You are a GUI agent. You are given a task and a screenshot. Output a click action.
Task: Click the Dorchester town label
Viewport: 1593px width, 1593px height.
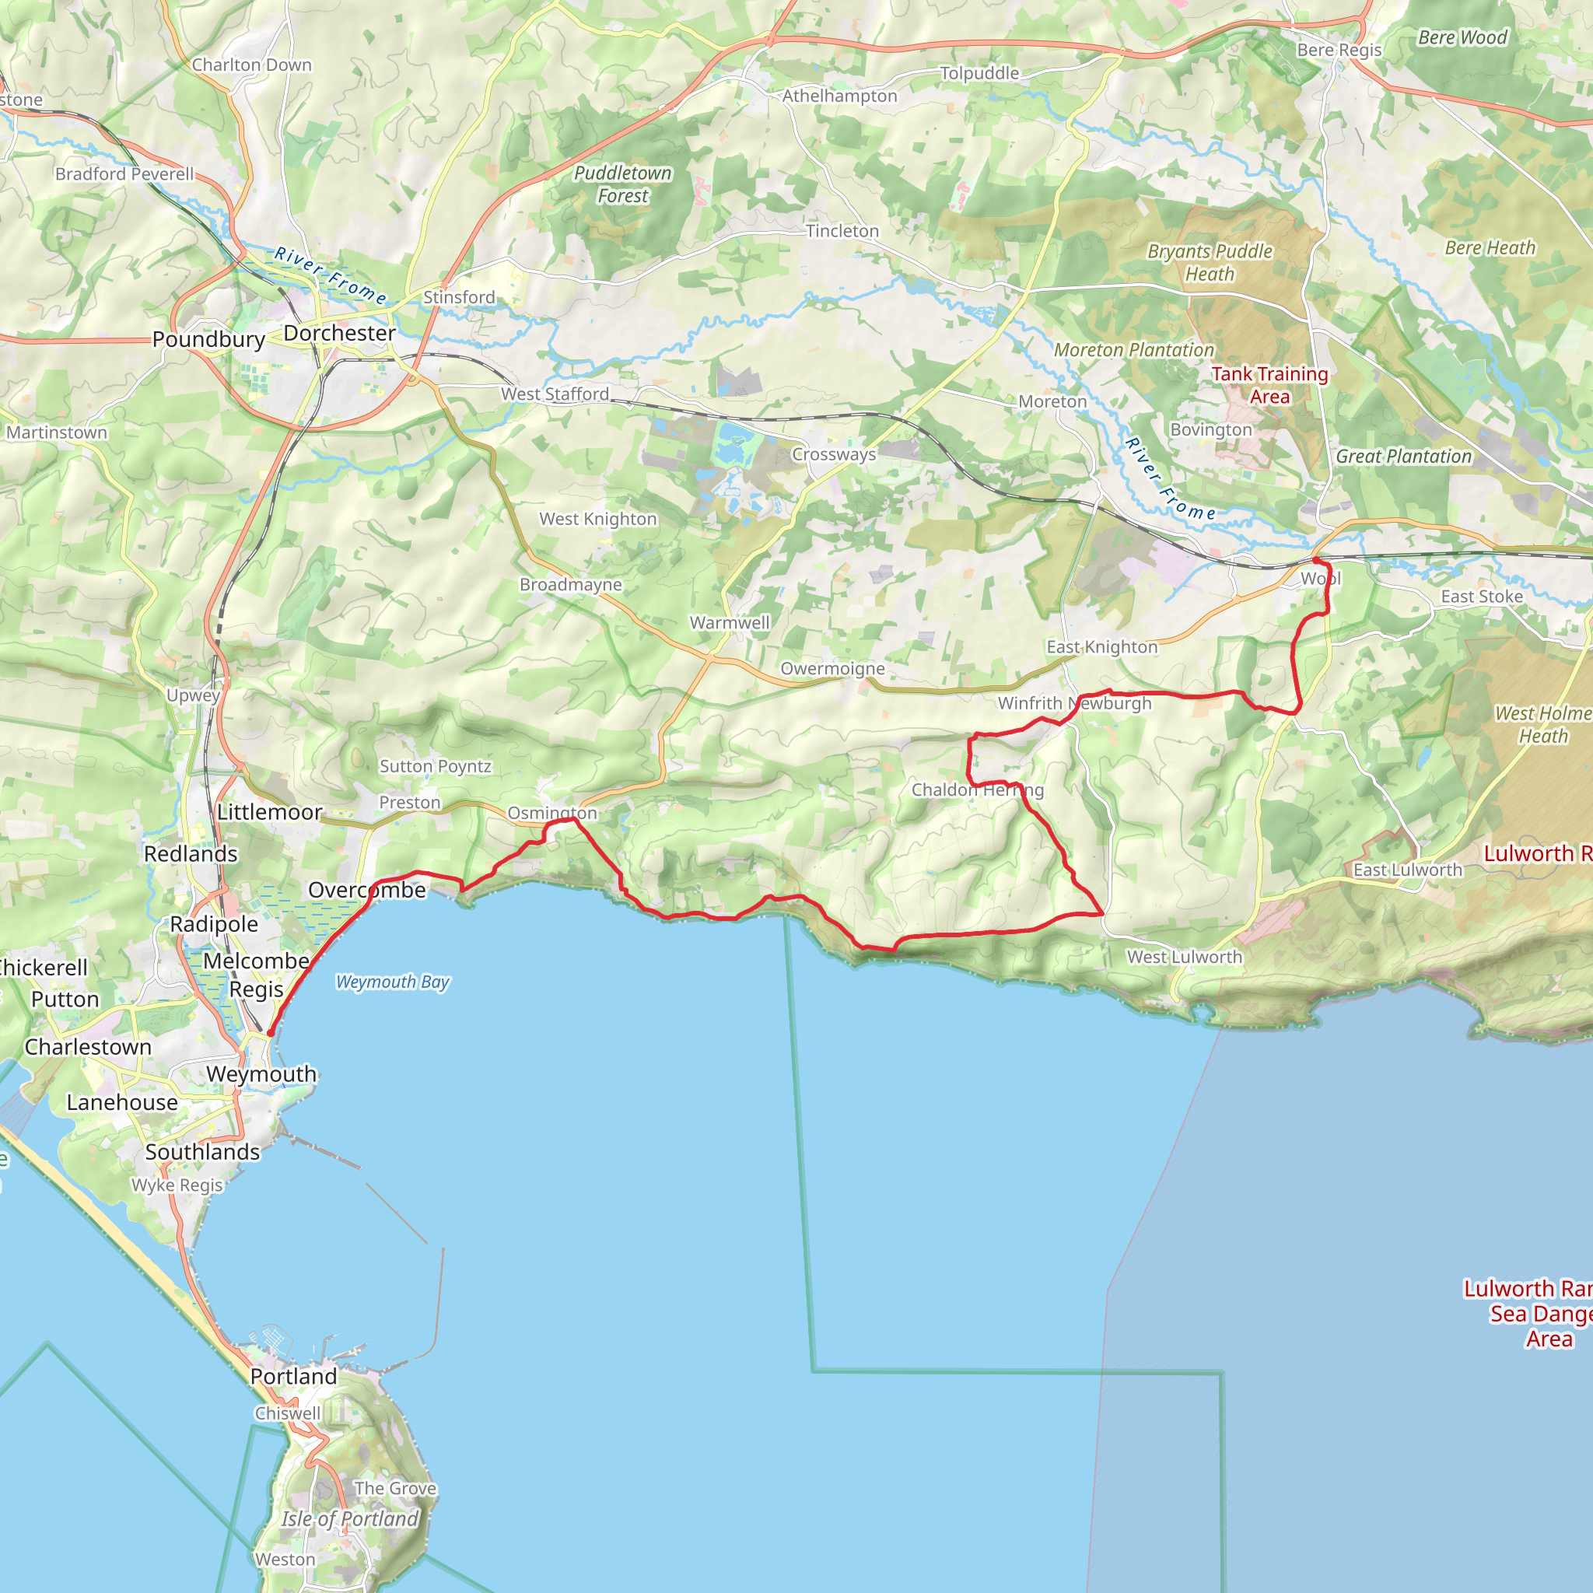(x=339, y=333)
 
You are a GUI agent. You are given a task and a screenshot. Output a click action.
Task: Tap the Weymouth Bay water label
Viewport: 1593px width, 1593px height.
(x=393, y=982)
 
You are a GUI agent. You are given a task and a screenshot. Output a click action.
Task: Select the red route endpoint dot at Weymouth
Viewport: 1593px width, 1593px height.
(x=271, y=1032)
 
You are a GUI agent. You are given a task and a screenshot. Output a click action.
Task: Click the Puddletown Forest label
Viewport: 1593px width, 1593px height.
(x=622, y=184)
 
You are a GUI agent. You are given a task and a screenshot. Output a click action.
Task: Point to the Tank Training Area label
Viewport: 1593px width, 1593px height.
(x=1269, y=385)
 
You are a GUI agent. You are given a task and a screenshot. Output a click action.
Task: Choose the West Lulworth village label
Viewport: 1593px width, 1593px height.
(x=1184, y=958)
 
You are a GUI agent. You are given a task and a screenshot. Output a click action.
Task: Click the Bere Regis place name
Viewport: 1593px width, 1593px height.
(x=1339, y=51)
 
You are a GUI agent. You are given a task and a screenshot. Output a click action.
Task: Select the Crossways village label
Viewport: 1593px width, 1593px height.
(x=834, y=455)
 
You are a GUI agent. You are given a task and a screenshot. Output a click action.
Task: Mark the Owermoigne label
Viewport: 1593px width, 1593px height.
(x=833, y=669)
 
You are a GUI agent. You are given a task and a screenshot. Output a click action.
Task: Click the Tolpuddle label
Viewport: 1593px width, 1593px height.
(x=979, y=73)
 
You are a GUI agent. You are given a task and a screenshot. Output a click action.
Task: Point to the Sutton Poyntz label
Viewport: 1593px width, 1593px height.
(x=436, y=766)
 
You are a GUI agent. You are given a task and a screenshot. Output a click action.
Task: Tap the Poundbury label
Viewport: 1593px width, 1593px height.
(x=208, y=340)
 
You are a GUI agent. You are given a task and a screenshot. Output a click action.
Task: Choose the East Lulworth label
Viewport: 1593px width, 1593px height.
(x=1407, y=870)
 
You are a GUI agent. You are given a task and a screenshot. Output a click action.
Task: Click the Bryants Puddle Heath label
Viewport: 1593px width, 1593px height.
(x=1210, y=263)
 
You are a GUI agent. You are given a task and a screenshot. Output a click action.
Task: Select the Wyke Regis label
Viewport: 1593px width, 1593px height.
(x=177, y=1185)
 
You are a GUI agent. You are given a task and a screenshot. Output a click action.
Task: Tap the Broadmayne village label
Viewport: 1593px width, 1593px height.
(x=571, y=585)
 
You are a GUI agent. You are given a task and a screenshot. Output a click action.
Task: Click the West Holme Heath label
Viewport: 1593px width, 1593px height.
(x=1542, y=725)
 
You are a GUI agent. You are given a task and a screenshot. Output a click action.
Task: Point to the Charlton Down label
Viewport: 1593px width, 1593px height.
(x=251, y=65)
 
